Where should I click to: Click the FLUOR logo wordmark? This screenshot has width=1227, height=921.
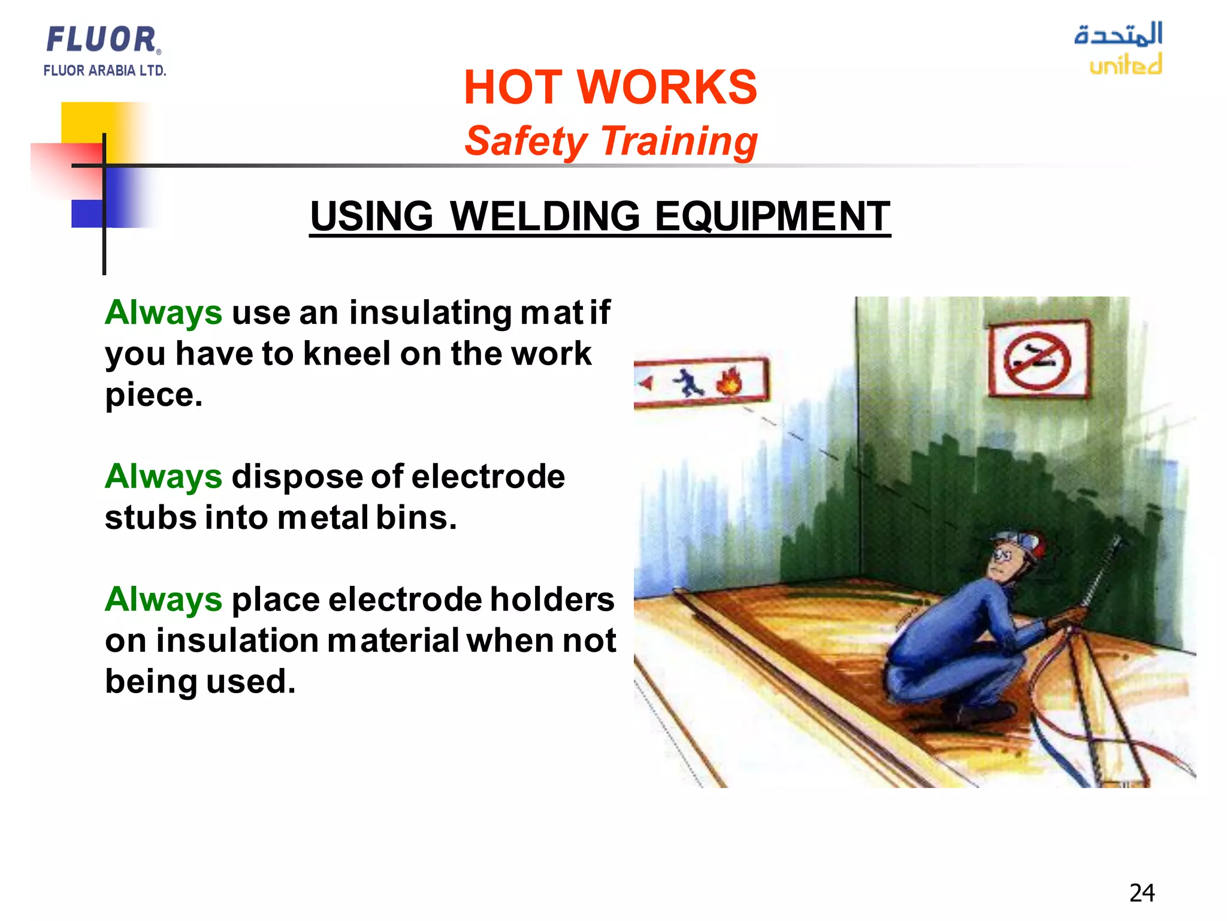click(102, 40)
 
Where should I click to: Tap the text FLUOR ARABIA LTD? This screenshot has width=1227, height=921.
click(104, 71)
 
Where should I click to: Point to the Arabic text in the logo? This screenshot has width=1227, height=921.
click(1118, 34)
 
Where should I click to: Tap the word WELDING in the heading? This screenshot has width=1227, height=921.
click(545, 216)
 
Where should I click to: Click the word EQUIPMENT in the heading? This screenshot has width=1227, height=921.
click(772, 216)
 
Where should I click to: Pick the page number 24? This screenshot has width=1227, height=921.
click(1142, 893)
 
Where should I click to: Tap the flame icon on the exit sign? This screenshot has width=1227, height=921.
click(729, 381)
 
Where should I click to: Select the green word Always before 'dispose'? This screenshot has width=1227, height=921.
click(164, 477)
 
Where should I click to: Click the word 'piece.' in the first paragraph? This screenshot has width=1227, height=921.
click(154, 395)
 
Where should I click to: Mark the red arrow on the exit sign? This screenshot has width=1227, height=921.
click(646, 383)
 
